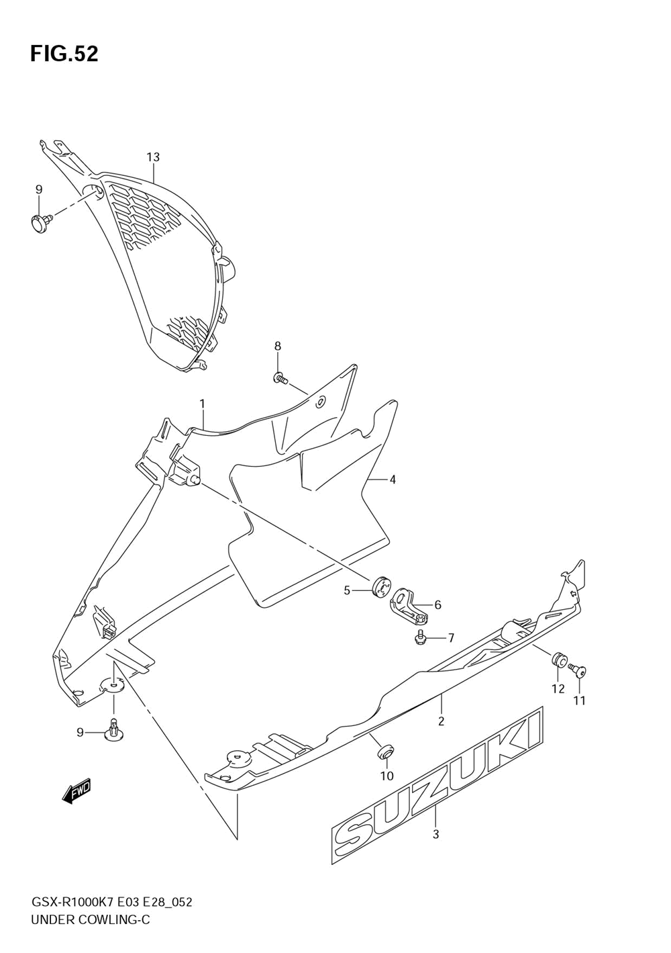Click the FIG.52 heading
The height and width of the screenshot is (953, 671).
point(64,54)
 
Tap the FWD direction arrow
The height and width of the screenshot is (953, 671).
point(76,792)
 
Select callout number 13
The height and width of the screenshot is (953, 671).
point(153,157)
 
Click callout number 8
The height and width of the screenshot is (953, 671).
point(277,346)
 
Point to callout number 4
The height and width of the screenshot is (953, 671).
point(392,480)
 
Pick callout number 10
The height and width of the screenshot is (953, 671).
point(386,776)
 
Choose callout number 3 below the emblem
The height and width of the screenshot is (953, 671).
point(435,835)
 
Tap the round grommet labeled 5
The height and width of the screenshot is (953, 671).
point(380,586)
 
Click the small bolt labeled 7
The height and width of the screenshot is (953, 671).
point(421,637)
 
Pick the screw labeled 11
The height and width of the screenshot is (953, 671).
point(577,670)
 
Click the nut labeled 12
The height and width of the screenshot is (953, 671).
point(558,660)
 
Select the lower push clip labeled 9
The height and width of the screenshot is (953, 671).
point(113,730)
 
